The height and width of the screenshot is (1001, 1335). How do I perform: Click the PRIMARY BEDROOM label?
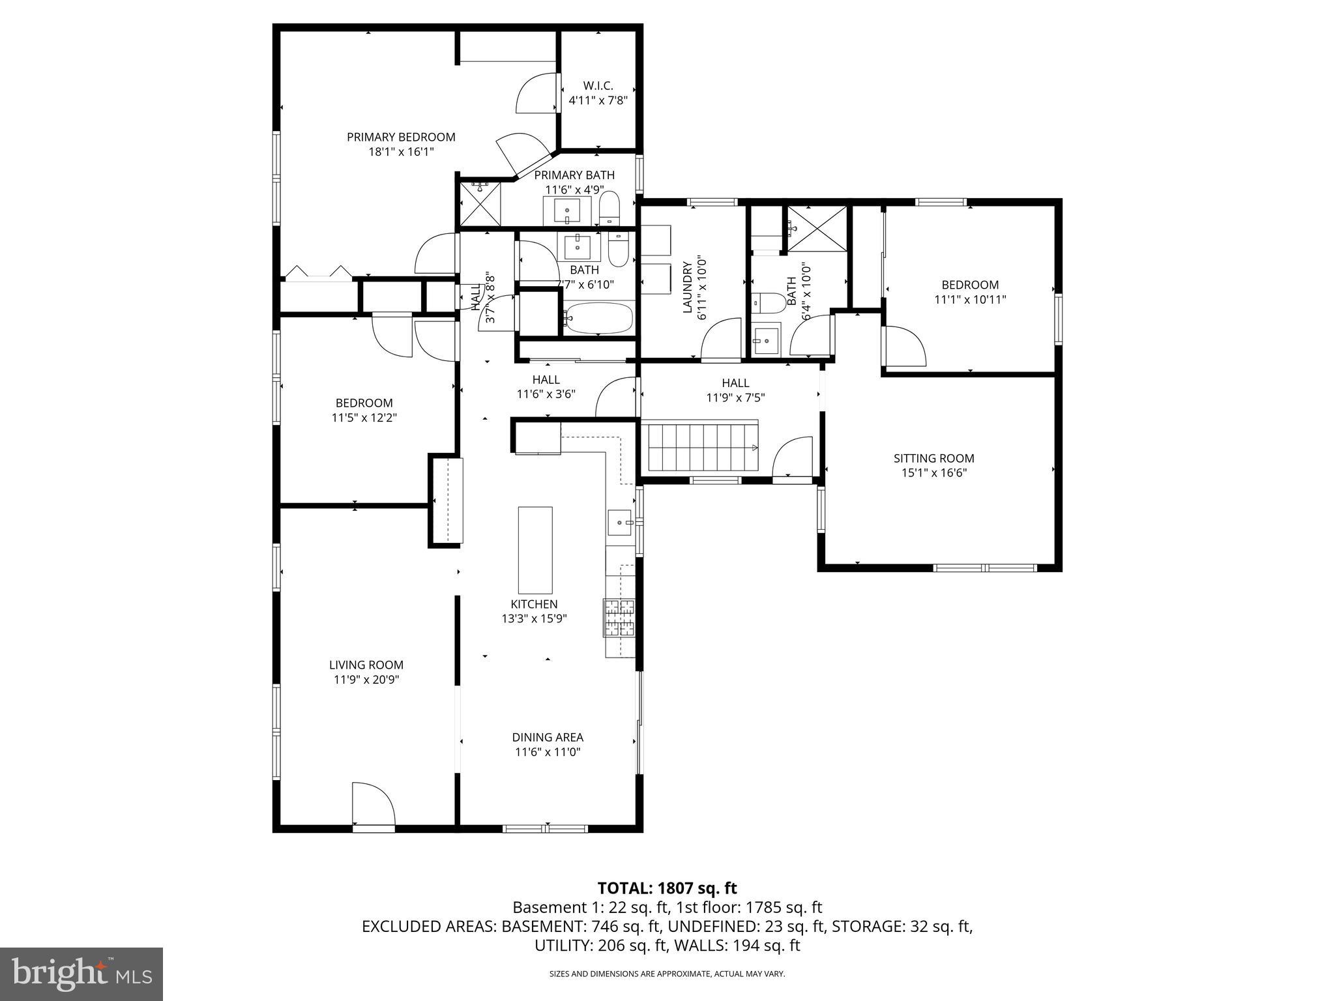point(401,137)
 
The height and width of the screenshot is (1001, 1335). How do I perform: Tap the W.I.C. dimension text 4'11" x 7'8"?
point(598,100)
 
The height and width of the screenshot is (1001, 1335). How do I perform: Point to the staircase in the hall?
point(701,447)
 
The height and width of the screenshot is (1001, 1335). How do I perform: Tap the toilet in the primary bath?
point(610,207)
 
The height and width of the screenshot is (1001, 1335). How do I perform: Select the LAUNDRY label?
point(687,287)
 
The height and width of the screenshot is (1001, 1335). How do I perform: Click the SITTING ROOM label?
point(933,458)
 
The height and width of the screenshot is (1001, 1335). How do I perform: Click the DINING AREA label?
point(547,737)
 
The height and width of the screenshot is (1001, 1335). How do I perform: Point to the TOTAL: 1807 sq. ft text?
point(667,888)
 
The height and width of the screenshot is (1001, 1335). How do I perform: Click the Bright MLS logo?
point(81,974)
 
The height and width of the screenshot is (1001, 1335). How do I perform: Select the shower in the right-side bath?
point(817,229)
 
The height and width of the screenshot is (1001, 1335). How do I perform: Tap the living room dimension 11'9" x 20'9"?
point(366,680)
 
